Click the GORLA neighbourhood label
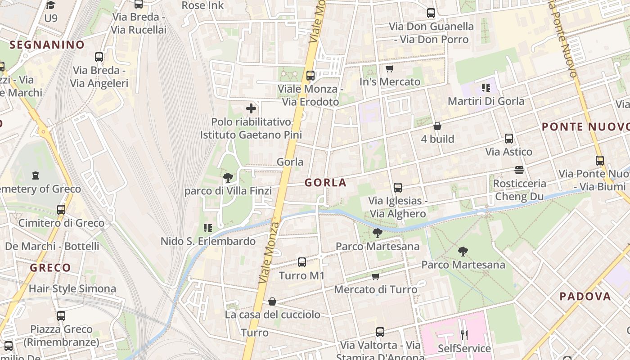tap(325, 183)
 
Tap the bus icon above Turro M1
tap(302, 262)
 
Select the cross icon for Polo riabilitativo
tap(251, 108)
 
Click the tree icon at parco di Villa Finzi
tap(228, 177)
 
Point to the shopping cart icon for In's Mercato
tap(390, 68)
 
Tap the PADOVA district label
tap(585, 297)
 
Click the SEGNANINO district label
tap(47, 45)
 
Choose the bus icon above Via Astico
tap(509, 139)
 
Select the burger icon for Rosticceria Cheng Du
tap(519, 170)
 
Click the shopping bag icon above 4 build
tap(437, 126)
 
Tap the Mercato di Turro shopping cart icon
tap(375, 276)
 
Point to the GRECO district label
tap(50, 268)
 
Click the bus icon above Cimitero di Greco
tap(61, 210)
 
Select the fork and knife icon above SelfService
tap(464, 335)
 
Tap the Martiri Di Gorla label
tap(486, 101)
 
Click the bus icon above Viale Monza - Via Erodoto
tap(310, 76)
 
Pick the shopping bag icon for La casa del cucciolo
tap(272, 301)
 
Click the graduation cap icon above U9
tap(51, 5)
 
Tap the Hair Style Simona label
tap(72, 288)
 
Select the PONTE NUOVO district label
tap(585, 127)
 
